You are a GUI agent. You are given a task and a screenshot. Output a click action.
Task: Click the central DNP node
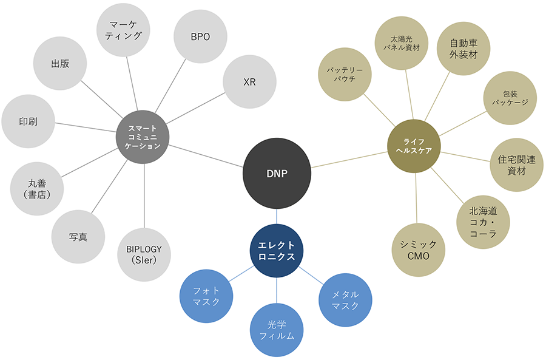(x=277, y=173)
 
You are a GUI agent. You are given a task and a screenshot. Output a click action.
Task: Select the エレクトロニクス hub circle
(x=277, y=251)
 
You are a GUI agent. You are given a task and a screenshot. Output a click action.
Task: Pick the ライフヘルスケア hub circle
(x=414, y=146)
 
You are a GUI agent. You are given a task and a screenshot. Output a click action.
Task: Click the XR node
(x=249, y=82)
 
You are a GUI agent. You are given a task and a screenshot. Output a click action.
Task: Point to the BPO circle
(x=200, y=36)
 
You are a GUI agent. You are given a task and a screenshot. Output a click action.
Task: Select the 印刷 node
(x=28, y=121)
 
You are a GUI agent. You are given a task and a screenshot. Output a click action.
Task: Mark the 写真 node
(x=78, y=237)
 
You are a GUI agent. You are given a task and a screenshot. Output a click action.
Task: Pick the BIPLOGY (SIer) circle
(x=144, y=254)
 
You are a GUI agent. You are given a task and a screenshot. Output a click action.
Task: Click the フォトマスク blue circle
(x=206, y=296)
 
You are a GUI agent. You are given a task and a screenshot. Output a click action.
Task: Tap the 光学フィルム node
(x=277, y=329)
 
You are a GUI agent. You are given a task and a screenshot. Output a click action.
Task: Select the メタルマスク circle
(x=346, y=300)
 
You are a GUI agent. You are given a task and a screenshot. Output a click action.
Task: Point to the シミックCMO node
(x=419, y=249)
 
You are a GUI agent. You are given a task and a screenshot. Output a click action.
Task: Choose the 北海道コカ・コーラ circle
(x=483, y=221)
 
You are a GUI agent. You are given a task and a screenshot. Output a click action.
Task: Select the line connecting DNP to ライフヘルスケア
(x=349, y=160)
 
